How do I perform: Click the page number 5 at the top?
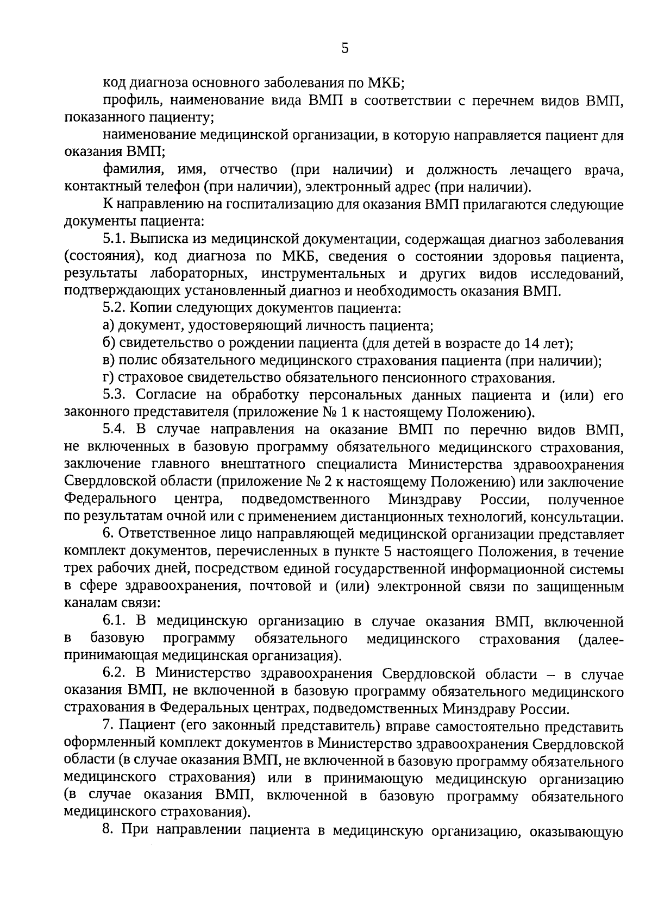click(344, 49)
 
